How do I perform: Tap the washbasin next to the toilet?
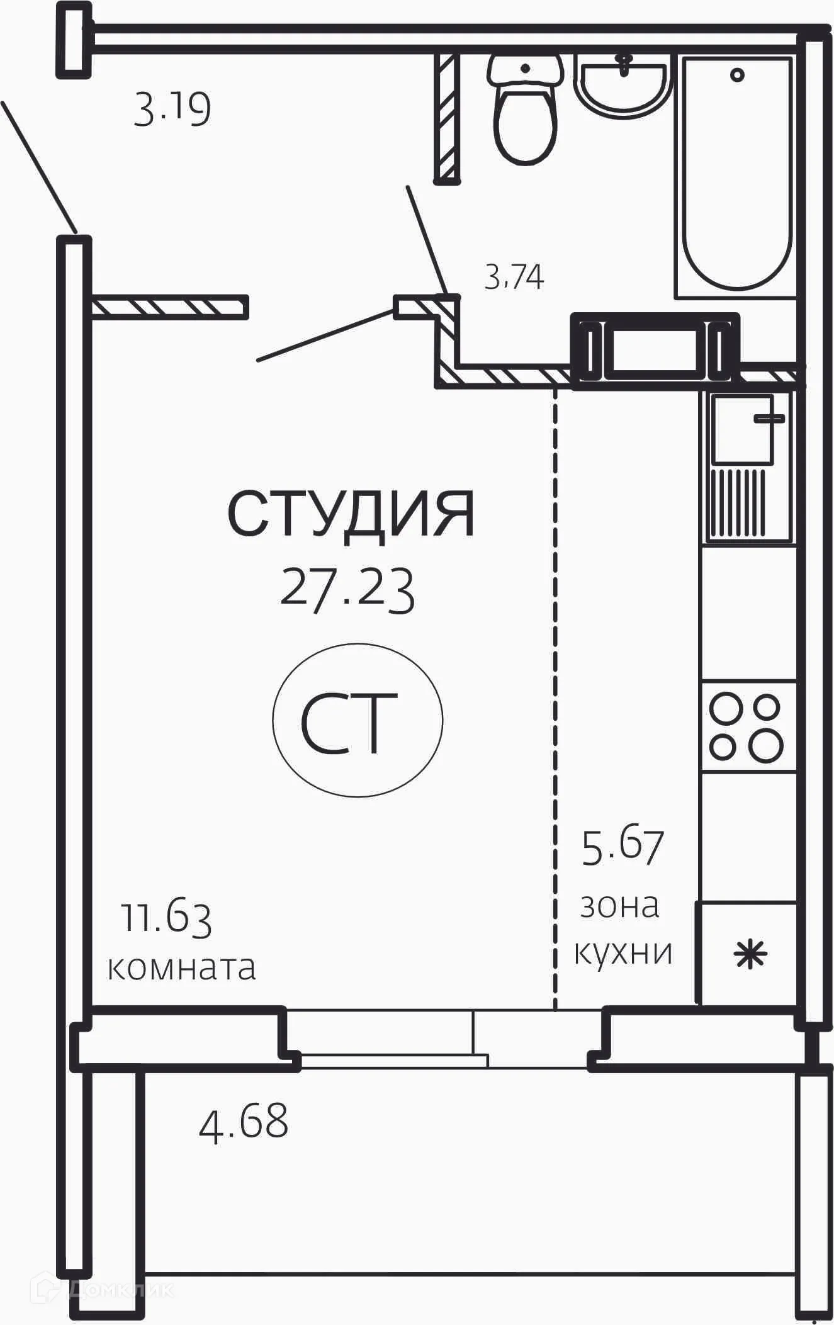click(x=621, y=85)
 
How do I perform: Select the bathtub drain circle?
click(x=737, y=75)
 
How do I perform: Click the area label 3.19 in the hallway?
click(x=172, y=110)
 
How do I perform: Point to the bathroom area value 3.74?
click(x=514, y=277)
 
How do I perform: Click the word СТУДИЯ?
click(x=351, y=514)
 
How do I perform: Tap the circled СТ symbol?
click(x=358, y=721)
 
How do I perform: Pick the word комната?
click(x=181, y=967)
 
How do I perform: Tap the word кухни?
click(x=623, y=952)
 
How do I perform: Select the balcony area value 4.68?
click(x=244, y=1122)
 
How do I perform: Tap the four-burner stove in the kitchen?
click(x=747, y=726)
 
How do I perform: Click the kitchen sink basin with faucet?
click(x=743, y=429)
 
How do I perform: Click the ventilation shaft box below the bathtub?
click(x=655, y=349)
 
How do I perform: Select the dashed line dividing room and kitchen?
click(x=555, y=692)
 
